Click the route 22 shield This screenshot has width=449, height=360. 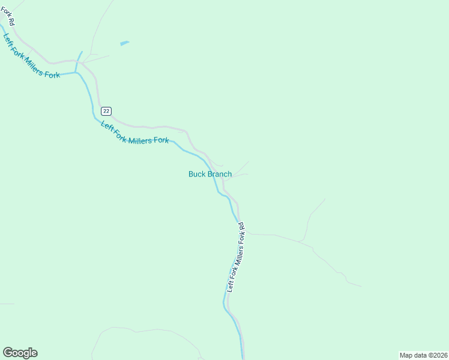[x=106, y=111]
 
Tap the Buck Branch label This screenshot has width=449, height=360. [x=210, y=174]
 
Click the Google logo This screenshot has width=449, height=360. [x=20, y=353]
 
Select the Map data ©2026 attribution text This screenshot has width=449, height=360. [x=423, y=355]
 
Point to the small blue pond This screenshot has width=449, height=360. [x=124, y=43]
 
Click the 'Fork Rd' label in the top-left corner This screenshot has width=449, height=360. [x=8, y=16]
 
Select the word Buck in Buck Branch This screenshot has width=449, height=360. [x=197, y=174]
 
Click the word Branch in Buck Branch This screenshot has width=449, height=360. [x=220, y=174]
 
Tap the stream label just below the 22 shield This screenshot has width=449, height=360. [x=135, y=133]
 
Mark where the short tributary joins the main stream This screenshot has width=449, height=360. [x=76, y=72]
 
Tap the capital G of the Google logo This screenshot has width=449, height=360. [x=8, y=353]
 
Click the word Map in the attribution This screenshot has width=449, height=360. [x=406, y=355]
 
